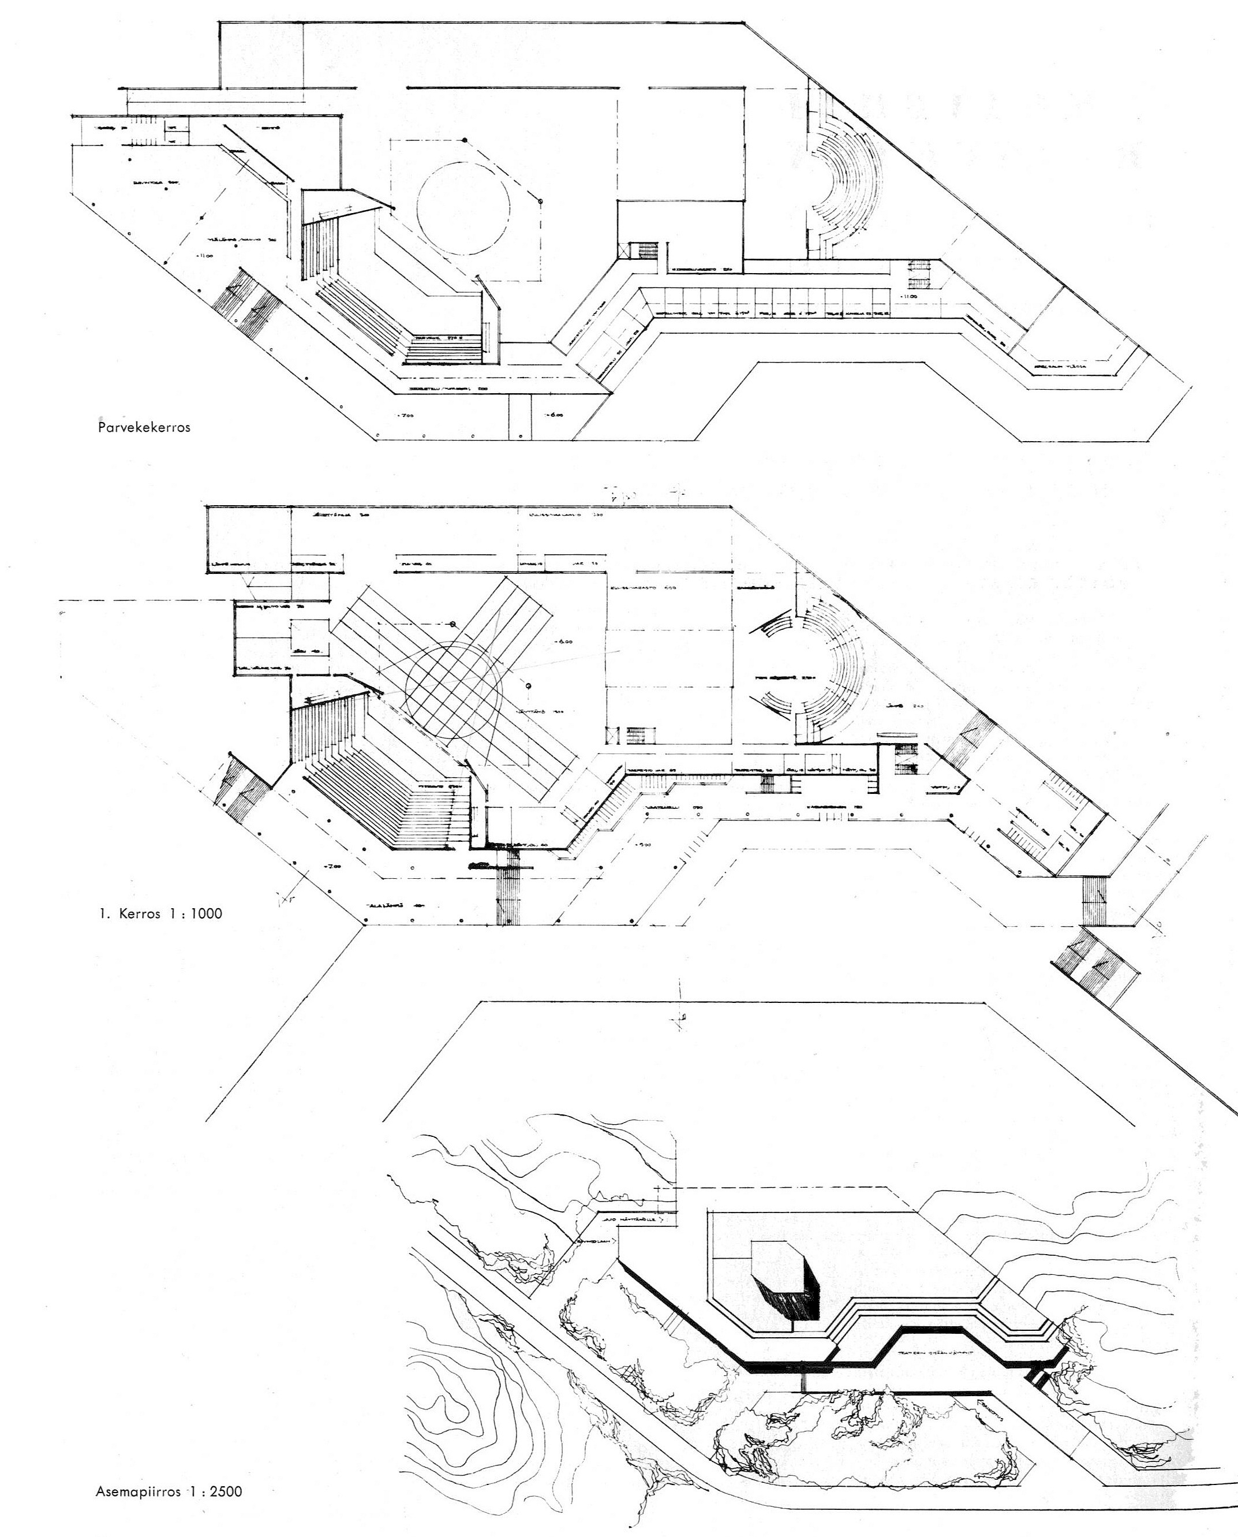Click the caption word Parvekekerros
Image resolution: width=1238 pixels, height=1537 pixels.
(x=144, y=428)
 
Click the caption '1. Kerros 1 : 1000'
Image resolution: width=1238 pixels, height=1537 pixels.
(x=160, y=912)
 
